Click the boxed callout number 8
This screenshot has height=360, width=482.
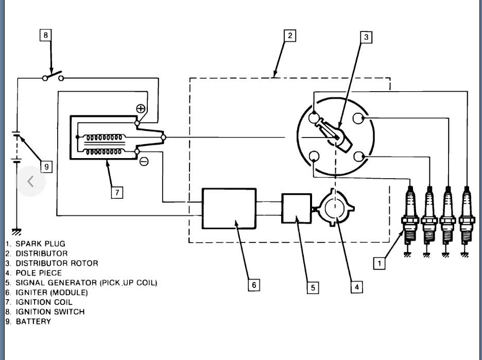(46, 35)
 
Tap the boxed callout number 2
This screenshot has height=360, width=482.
(290, 36)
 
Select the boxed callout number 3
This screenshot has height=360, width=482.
(366, 37)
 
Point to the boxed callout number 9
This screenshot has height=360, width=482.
(46, 166)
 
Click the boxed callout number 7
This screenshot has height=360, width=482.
(117, 192)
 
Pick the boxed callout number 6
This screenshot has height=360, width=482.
(254, 284)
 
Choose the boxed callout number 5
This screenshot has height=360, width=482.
(313, 287)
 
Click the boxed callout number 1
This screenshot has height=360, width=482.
(380, 264)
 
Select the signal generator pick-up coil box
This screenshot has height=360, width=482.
(297, 208)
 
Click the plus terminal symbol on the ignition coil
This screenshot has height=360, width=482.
(140, 108)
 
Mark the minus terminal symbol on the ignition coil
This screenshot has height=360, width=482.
(144, 161)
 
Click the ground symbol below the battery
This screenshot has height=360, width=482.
(17, 232)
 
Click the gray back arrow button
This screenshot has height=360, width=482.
(30, 181)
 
